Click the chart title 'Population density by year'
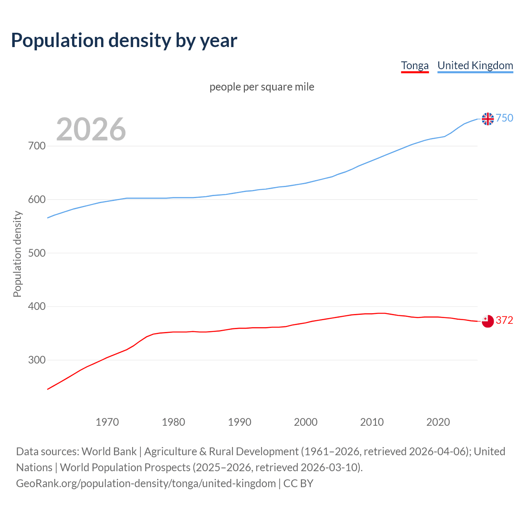(124, 40)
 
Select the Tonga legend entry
(415, 65)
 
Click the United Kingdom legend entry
(475, 65)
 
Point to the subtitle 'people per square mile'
(262, 87)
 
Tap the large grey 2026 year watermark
(91, 129)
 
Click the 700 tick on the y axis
(37, 146)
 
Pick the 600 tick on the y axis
(37, 199)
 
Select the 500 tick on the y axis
(37, 253)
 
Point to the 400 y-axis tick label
(37, 307)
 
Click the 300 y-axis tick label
(37, 360)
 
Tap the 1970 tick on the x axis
(107, 422)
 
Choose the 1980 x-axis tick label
(174, 422)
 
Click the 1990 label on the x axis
(239, 422)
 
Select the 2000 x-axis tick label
(306, 422)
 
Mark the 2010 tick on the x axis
(372, 422)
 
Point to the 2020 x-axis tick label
(438, 422)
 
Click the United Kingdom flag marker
(488, 119)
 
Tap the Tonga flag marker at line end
(488, 321)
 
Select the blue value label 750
(504, 118)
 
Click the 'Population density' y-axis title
(17, 254)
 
